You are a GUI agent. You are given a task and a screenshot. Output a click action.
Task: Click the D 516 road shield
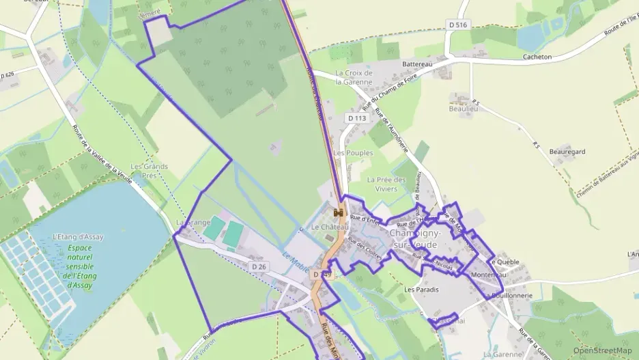459,25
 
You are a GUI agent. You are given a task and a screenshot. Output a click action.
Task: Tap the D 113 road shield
357,118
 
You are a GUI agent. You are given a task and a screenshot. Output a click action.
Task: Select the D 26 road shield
258,266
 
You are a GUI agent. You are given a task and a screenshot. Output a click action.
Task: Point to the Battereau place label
417,64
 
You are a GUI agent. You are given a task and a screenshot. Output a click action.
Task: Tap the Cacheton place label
537,57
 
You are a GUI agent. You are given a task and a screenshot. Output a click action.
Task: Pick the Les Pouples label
354,153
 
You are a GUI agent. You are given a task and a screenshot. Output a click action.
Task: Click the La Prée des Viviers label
386,184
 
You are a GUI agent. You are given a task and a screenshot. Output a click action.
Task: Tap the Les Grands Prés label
149,171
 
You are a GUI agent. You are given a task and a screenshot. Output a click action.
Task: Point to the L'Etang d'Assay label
78,237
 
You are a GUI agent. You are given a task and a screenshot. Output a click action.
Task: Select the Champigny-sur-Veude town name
415,238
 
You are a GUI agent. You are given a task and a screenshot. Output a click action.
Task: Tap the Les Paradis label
421,290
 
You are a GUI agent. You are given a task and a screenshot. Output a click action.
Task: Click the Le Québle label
503,262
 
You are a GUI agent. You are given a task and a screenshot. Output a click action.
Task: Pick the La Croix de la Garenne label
354,77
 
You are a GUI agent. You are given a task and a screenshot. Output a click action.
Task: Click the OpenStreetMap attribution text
602,350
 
